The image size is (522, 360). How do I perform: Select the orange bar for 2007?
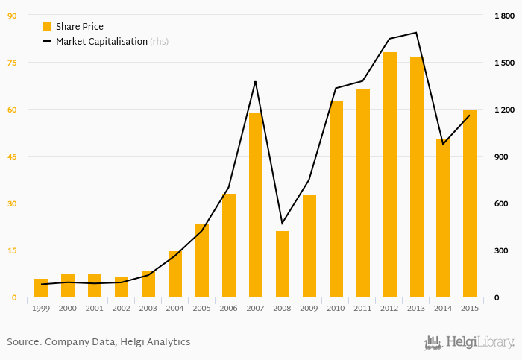255,206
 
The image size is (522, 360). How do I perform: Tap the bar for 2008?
282,265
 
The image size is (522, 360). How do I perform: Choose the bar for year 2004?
174,274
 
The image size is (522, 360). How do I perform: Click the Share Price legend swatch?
47,27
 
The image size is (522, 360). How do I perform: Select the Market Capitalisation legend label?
101,42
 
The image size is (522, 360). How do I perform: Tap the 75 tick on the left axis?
12,63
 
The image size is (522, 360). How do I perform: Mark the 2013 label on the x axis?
416,308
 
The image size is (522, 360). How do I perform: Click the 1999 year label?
41,308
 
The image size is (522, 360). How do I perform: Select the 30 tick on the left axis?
12,203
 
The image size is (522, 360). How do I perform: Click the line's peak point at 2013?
416,33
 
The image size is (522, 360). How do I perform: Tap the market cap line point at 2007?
255,81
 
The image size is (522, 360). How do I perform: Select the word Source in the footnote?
23,342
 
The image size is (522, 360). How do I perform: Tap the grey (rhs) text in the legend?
159,42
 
